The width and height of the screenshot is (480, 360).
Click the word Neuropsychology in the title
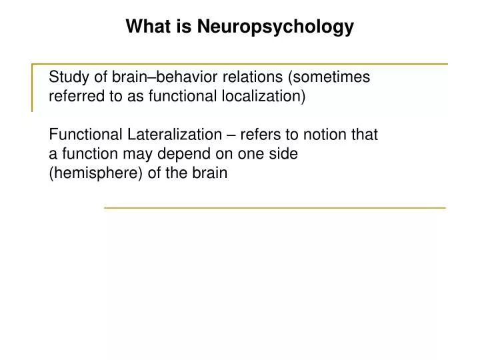[275, 27]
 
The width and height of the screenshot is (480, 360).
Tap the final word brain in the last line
[211, 173]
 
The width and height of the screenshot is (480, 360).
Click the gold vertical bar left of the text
[33, 87]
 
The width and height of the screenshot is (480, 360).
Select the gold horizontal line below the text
[274, 208]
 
